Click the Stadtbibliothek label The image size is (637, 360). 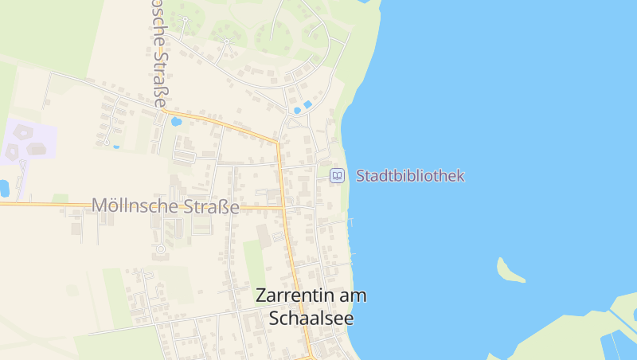409,175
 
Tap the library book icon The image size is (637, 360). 337,175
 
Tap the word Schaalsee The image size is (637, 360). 311,318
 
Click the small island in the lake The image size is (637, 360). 509,270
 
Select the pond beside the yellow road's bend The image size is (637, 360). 176,122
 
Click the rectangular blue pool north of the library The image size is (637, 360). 307,104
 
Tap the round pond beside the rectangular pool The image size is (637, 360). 297,110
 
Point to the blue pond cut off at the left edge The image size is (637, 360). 3,188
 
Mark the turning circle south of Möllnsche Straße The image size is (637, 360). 160,249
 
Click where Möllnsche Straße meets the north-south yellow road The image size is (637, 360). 283,208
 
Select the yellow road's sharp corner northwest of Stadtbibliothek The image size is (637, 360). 277,143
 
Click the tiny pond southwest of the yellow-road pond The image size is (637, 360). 116,147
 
